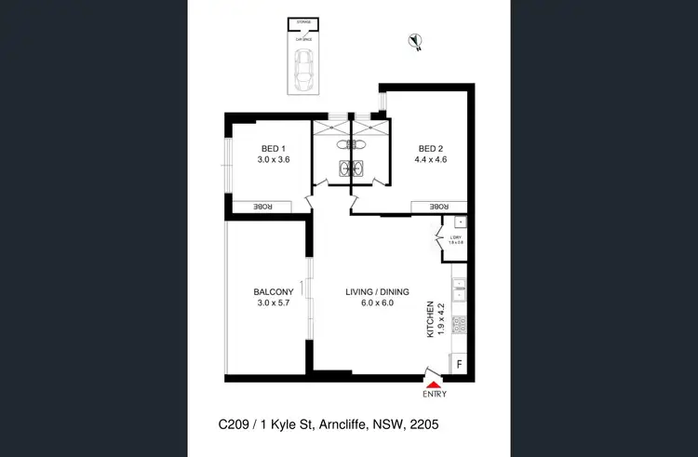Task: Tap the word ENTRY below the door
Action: pyautogui.click(x=435, y=395)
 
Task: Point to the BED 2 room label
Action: pyautogui.click(x=431, y=149)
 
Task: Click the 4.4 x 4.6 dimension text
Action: pyautogui.click(x=431, y=160)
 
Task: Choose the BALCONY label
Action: pyautogui.click(x=274, y=292)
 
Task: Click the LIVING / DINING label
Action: pyautogui.click(x=377, y=292)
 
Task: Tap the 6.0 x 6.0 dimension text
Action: pyautogui.click(x=377, y=303)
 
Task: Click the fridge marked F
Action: pyautogui.click(x=459, y=364)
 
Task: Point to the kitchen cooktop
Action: pyautogui.click(x=459, y=325)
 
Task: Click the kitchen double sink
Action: pyautogui.click(x=459, y=283)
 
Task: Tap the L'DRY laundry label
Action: pyautogui.click(x=456, y=240)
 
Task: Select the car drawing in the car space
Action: pyautogui.click(x=303, y=71)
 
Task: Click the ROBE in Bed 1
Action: pyautogui.click(x=265, y=207)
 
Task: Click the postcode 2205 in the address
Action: pyautogui.click(x=422, y=423)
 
